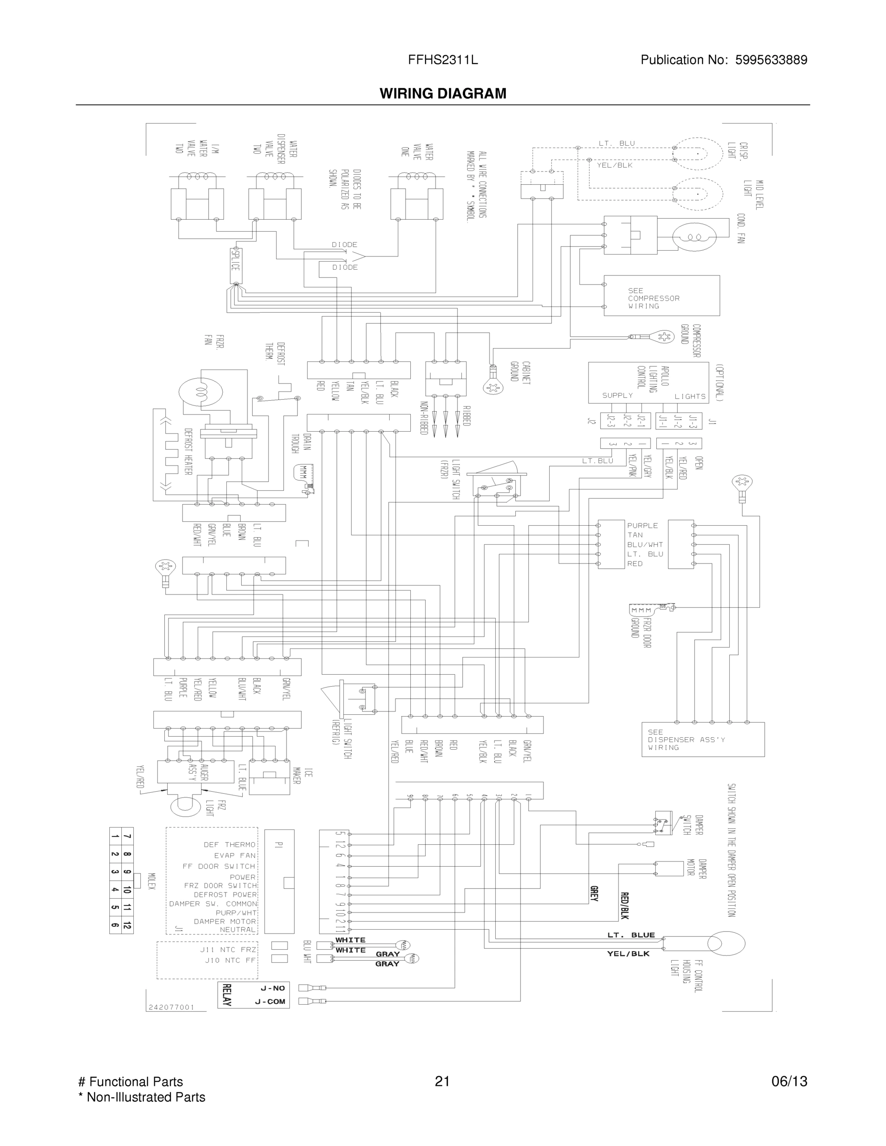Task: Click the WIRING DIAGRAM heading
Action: pyautogui.click(x=442, y=94)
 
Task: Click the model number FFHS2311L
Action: pyautogui.click(x=442, y=60)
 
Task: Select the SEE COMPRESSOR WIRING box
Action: pyautogui.click(x=661, y=296)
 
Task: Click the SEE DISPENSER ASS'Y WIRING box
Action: pyautogui.click(x=702, y=739)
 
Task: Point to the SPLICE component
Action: pyautogui.click(x=235, y=265)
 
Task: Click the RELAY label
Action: pyautogui.click(x=227, y=994)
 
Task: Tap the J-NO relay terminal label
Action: pyautogui.click(x=272, y=988)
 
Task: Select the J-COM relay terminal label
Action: pyautogui.click(x=270, y=1001)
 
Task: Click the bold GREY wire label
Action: pyautogui.click(x=594, y=893)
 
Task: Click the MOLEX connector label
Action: pyautogui.click(x=151, y=885)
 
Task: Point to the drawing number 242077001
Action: pyautogui.click(x=171, y=1007)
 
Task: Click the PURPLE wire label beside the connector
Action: pyautogui.click(x=642, y=525)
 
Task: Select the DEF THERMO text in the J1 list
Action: pyautogui.click(x=229, y=844)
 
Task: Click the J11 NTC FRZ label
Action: pyautogui.click(x=228, y=949)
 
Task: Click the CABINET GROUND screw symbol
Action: pyautogui.click(x=493, y=387)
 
